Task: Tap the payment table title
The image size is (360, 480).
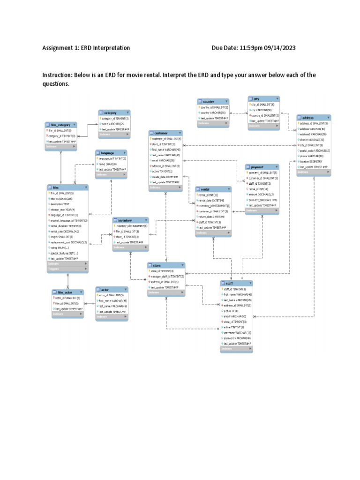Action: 262,167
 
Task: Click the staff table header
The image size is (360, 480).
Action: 236,284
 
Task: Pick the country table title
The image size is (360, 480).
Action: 213,101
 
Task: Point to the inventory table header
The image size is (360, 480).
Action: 130,220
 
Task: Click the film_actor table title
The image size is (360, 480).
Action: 68,292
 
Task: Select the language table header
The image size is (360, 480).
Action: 111,153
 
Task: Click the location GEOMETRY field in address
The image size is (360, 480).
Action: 312,161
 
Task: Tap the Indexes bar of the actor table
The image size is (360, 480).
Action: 112,317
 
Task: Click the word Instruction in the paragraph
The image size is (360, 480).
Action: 58,75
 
